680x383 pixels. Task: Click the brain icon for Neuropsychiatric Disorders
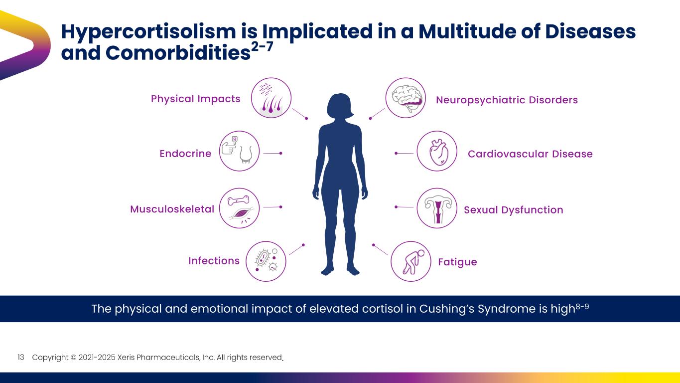click(406, 98)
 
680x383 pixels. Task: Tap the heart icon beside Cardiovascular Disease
click(436, 151)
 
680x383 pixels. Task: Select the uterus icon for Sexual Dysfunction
click(436, 208)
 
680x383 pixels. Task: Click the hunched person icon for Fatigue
click(411, 261)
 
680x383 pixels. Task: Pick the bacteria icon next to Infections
click(266, 261)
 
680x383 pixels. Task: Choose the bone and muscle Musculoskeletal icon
click(239, 208)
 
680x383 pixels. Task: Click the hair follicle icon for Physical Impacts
click(271, 98)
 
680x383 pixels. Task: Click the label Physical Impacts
click(195, 99)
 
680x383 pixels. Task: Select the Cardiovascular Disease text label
click(530, 154)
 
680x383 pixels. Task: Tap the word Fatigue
click(457, 262)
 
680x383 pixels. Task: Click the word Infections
click(214, 261)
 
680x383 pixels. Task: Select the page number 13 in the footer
click(21, 358)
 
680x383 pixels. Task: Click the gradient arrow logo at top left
click(25, 45)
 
